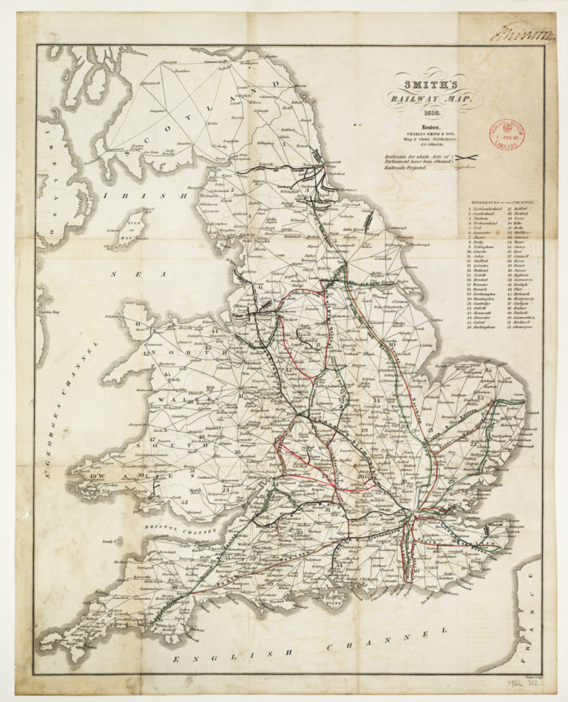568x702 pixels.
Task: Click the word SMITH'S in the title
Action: (x=430, y=85)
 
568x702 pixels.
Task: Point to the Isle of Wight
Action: (x=348, y=601)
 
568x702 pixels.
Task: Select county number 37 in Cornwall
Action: (x=109, y=615)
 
